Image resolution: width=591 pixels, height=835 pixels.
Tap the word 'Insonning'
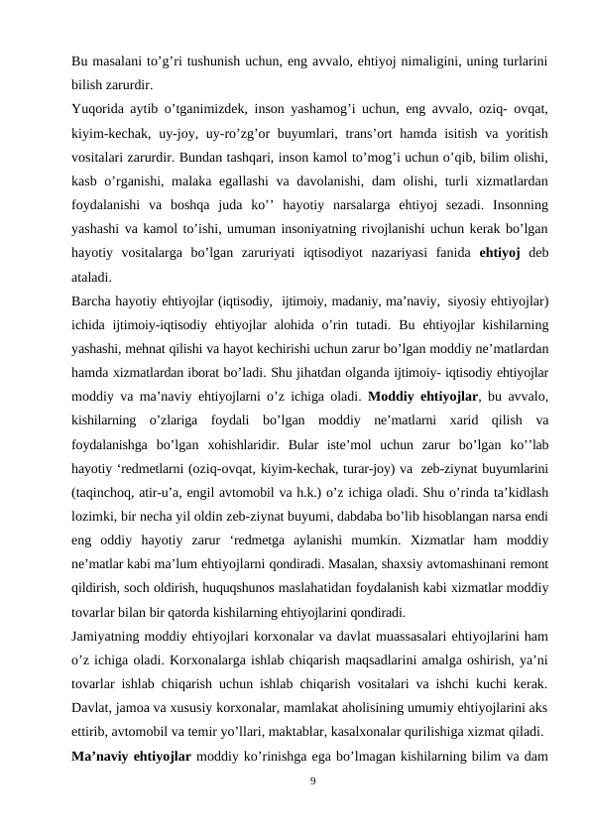[509, 203]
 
